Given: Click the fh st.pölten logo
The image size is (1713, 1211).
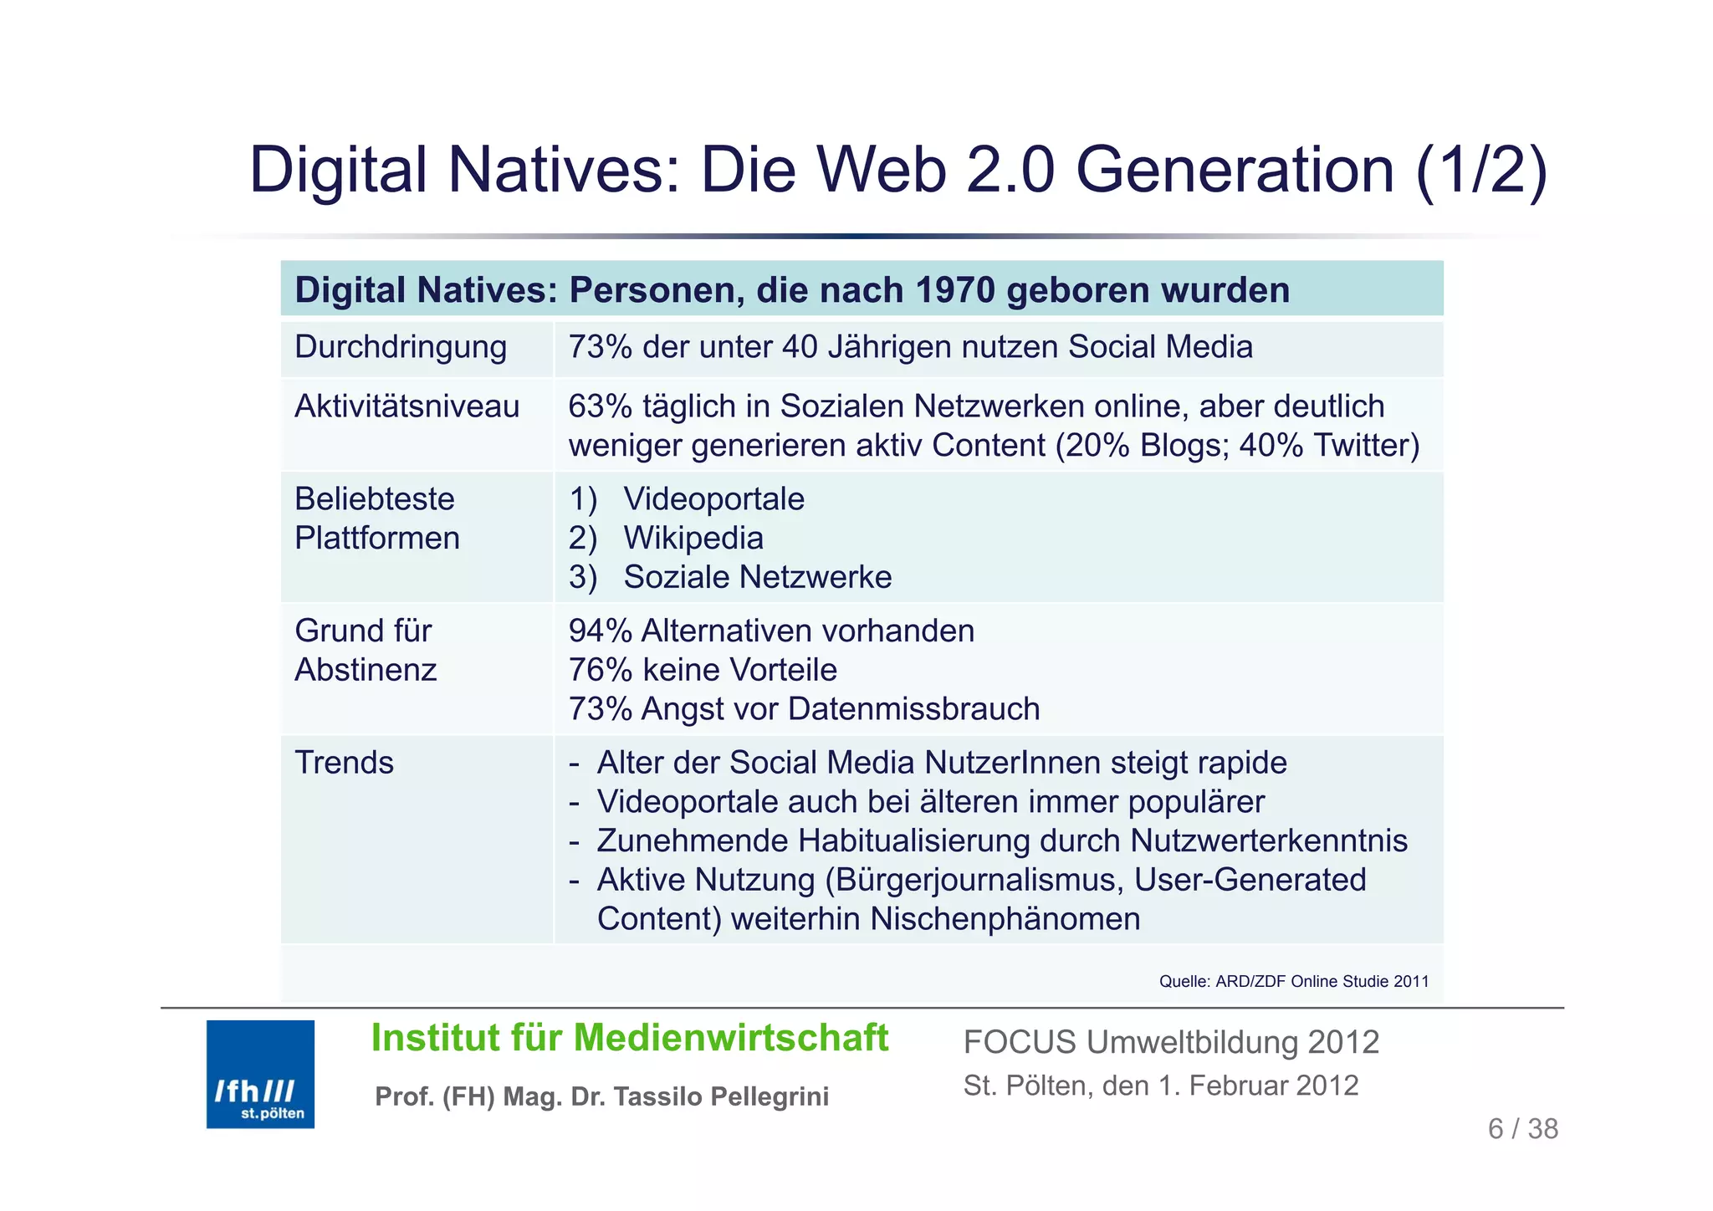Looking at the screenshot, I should pos(260,1074).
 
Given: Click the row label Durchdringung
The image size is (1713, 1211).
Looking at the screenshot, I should pos(401,347).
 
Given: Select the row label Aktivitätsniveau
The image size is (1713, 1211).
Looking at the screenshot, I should pos(407,406).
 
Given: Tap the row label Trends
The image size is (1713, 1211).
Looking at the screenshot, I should pos(344,763).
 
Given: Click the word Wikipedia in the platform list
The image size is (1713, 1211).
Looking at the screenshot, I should pos(693,538).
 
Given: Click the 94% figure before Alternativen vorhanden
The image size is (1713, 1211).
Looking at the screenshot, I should pos(600,631).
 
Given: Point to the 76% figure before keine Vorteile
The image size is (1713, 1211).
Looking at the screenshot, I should pos(600,670).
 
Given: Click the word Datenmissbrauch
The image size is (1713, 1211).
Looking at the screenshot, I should pos(913,709).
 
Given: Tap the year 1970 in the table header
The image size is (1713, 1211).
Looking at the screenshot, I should pos(955,290).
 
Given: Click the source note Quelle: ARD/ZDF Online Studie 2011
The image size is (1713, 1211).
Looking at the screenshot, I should pos(1293,981).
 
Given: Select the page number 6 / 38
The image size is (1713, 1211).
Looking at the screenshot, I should pos(1522,1129).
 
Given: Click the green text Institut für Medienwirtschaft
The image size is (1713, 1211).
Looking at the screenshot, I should pos(629,1038).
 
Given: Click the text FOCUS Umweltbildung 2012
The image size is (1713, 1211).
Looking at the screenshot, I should pos(1171,1042).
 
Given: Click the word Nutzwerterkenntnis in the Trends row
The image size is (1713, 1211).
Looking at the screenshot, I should pos(1269,841).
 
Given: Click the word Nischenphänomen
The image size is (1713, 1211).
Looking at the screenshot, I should pos(1005,919).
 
